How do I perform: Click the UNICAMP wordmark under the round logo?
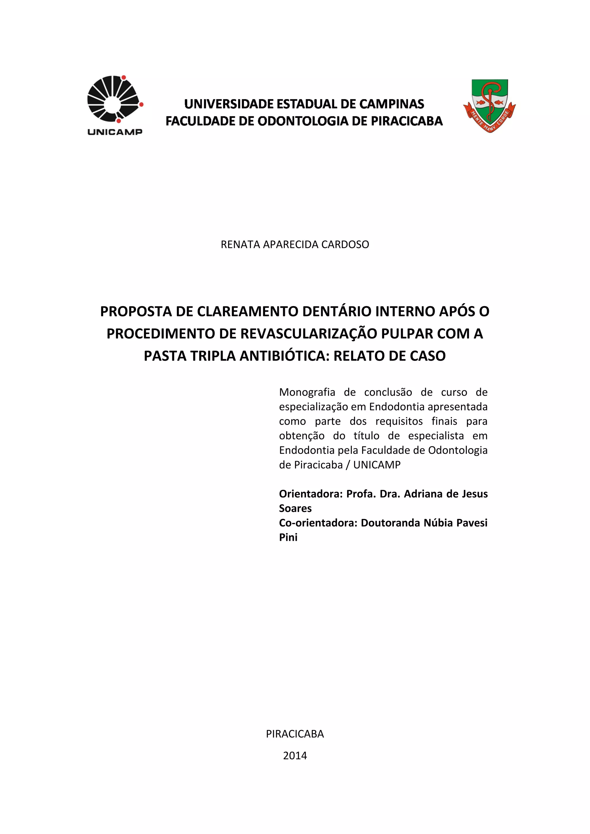pos(115,132)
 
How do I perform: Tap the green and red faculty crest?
pos(489,105)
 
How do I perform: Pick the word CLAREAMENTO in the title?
pos(248,311)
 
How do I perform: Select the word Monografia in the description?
pos(307,392)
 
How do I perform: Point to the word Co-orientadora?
pos(318,523)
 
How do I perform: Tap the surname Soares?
pos(295,509)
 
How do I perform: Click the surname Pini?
pos(288,538)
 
